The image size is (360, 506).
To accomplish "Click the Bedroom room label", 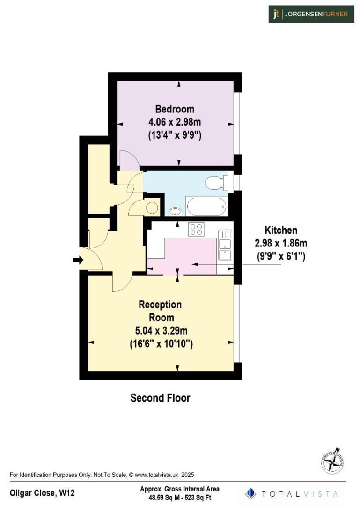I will tap(175, 109).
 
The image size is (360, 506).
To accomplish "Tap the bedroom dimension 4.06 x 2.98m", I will tap(175, 122).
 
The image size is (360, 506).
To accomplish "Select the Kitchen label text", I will tap(281, 230).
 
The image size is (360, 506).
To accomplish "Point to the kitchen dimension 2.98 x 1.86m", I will tap(281, 243).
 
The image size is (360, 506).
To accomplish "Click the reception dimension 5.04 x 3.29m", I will tap(161, 331).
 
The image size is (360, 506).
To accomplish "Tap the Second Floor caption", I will tap(160, 398).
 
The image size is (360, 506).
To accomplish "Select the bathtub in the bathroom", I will tap(206, 206).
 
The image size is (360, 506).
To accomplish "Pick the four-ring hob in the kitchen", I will tap(196, 229).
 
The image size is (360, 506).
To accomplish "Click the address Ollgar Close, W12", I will tap(42, 493).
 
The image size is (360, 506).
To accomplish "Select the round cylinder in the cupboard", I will tap(152, 207).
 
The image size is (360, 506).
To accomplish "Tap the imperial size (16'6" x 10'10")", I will tap(161, 344).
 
